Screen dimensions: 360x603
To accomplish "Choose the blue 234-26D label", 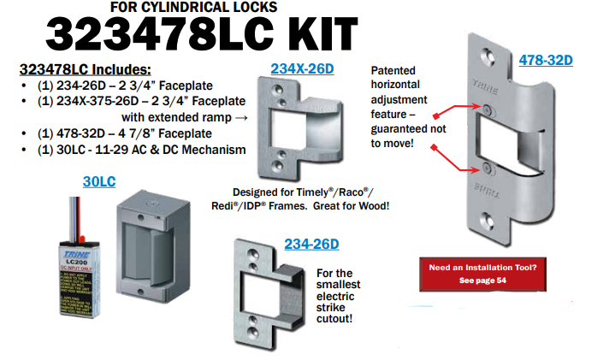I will (311, 245).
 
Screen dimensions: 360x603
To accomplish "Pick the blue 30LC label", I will (100, 180).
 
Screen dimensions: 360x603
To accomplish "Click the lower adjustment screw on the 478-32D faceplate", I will (486, 168).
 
